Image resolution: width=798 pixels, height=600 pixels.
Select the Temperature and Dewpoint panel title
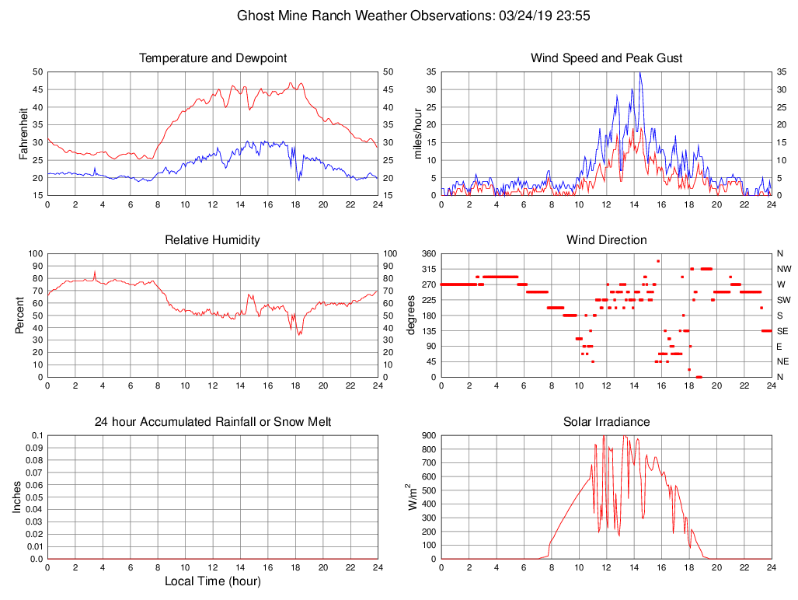[213, 58]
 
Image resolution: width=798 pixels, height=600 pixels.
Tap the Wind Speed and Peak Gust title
[607, 58]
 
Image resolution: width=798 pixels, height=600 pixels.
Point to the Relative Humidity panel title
[213, 240]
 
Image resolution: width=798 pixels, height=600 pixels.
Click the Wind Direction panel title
[607, 240]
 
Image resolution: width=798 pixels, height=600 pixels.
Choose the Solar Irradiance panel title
[607, 422]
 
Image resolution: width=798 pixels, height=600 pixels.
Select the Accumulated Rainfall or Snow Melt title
[213, 422]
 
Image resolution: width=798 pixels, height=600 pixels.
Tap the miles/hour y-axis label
[418, 134]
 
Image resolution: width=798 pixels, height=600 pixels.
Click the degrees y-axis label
[413, 316]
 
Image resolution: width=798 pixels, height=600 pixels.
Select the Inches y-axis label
[17, 497]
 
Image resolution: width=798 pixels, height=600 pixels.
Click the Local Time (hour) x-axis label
[213, 581]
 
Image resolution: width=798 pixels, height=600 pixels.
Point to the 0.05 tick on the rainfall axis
[34, 497]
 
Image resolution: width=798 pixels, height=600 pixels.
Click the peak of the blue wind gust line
[639, 72]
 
